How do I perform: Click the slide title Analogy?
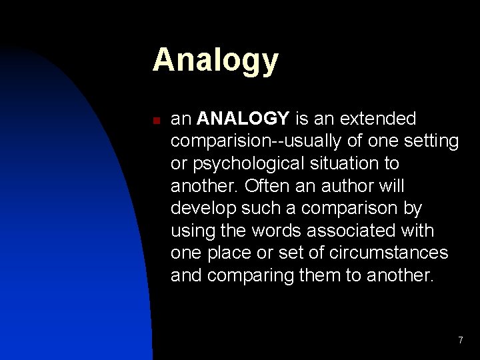click(215, 61)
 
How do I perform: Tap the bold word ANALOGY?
click(243, 119)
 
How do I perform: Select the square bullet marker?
click(155, 121)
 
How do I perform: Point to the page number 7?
click(460, 341)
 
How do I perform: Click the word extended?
click(377, 119)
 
